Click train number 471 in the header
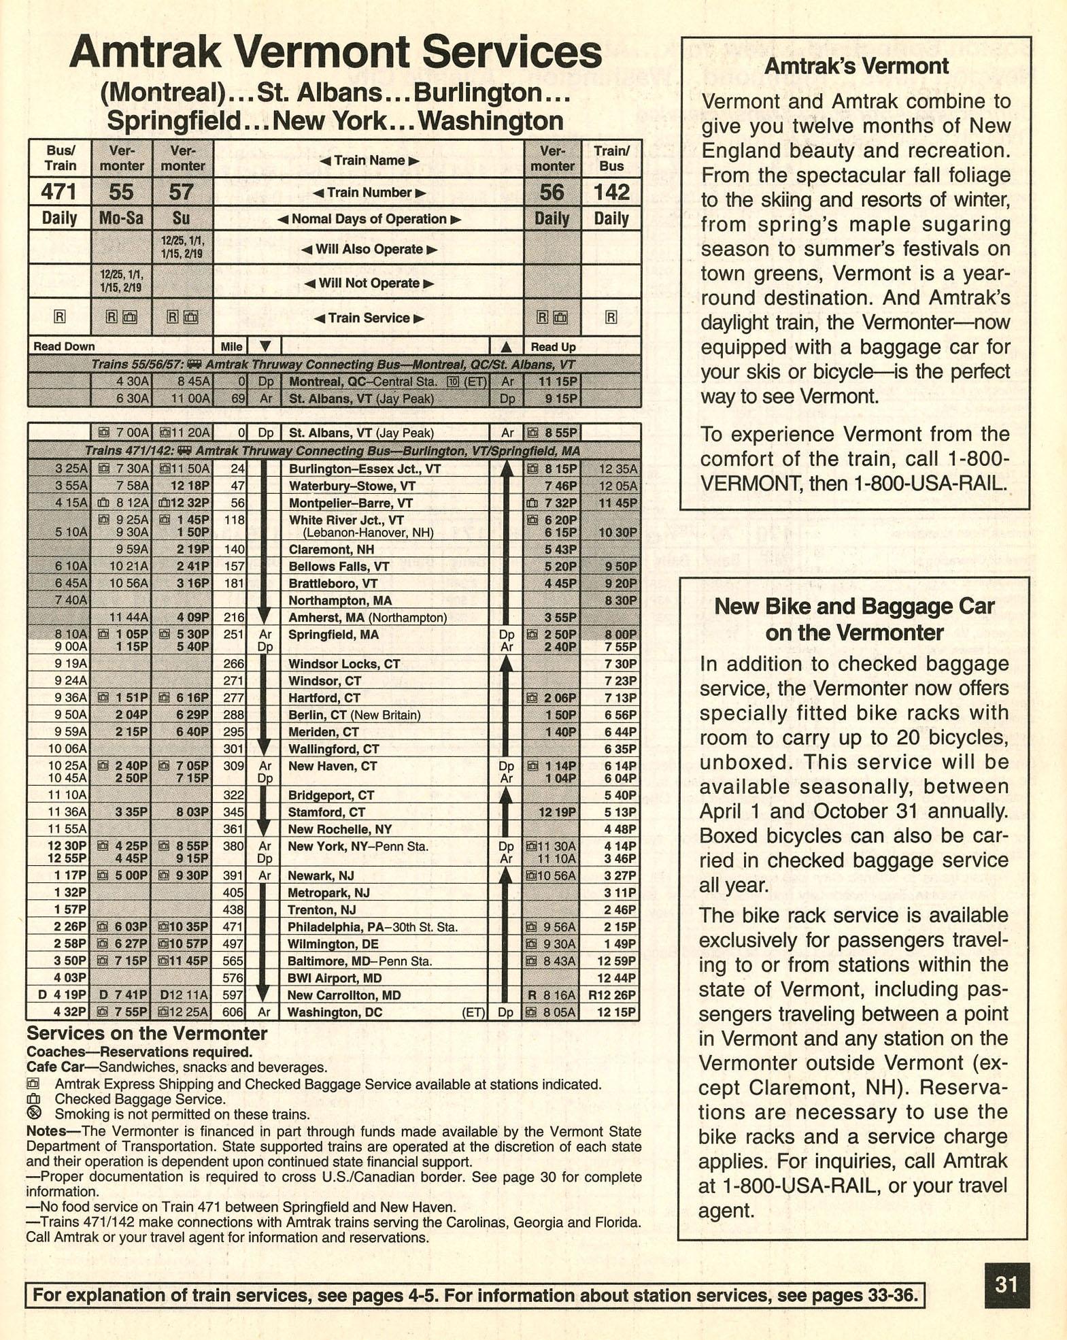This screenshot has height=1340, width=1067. coord(58,192)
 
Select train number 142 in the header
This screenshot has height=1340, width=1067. coord(611,192)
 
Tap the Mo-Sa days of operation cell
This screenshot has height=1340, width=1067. coord(121,218)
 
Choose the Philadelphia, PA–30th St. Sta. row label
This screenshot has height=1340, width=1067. coord(373,927)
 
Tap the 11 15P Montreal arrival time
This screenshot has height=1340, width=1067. coord(558,382)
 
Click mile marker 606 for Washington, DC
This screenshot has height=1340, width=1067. coord(233,1012)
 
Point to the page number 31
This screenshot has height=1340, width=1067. coord(1006,1285)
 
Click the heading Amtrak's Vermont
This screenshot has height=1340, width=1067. coord(856,67)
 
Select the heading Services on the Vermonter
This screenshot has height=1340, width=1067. coord(147,1034)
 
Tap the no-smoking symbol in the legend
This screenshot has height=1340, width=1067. coord(34,1113)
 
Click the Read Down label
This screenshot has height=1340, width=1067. coord(64,346)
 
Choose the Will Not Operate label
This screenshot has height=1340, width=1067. coord(369,283)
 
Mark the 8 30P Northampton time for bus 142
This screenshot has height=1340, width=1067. coord(620,601)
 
